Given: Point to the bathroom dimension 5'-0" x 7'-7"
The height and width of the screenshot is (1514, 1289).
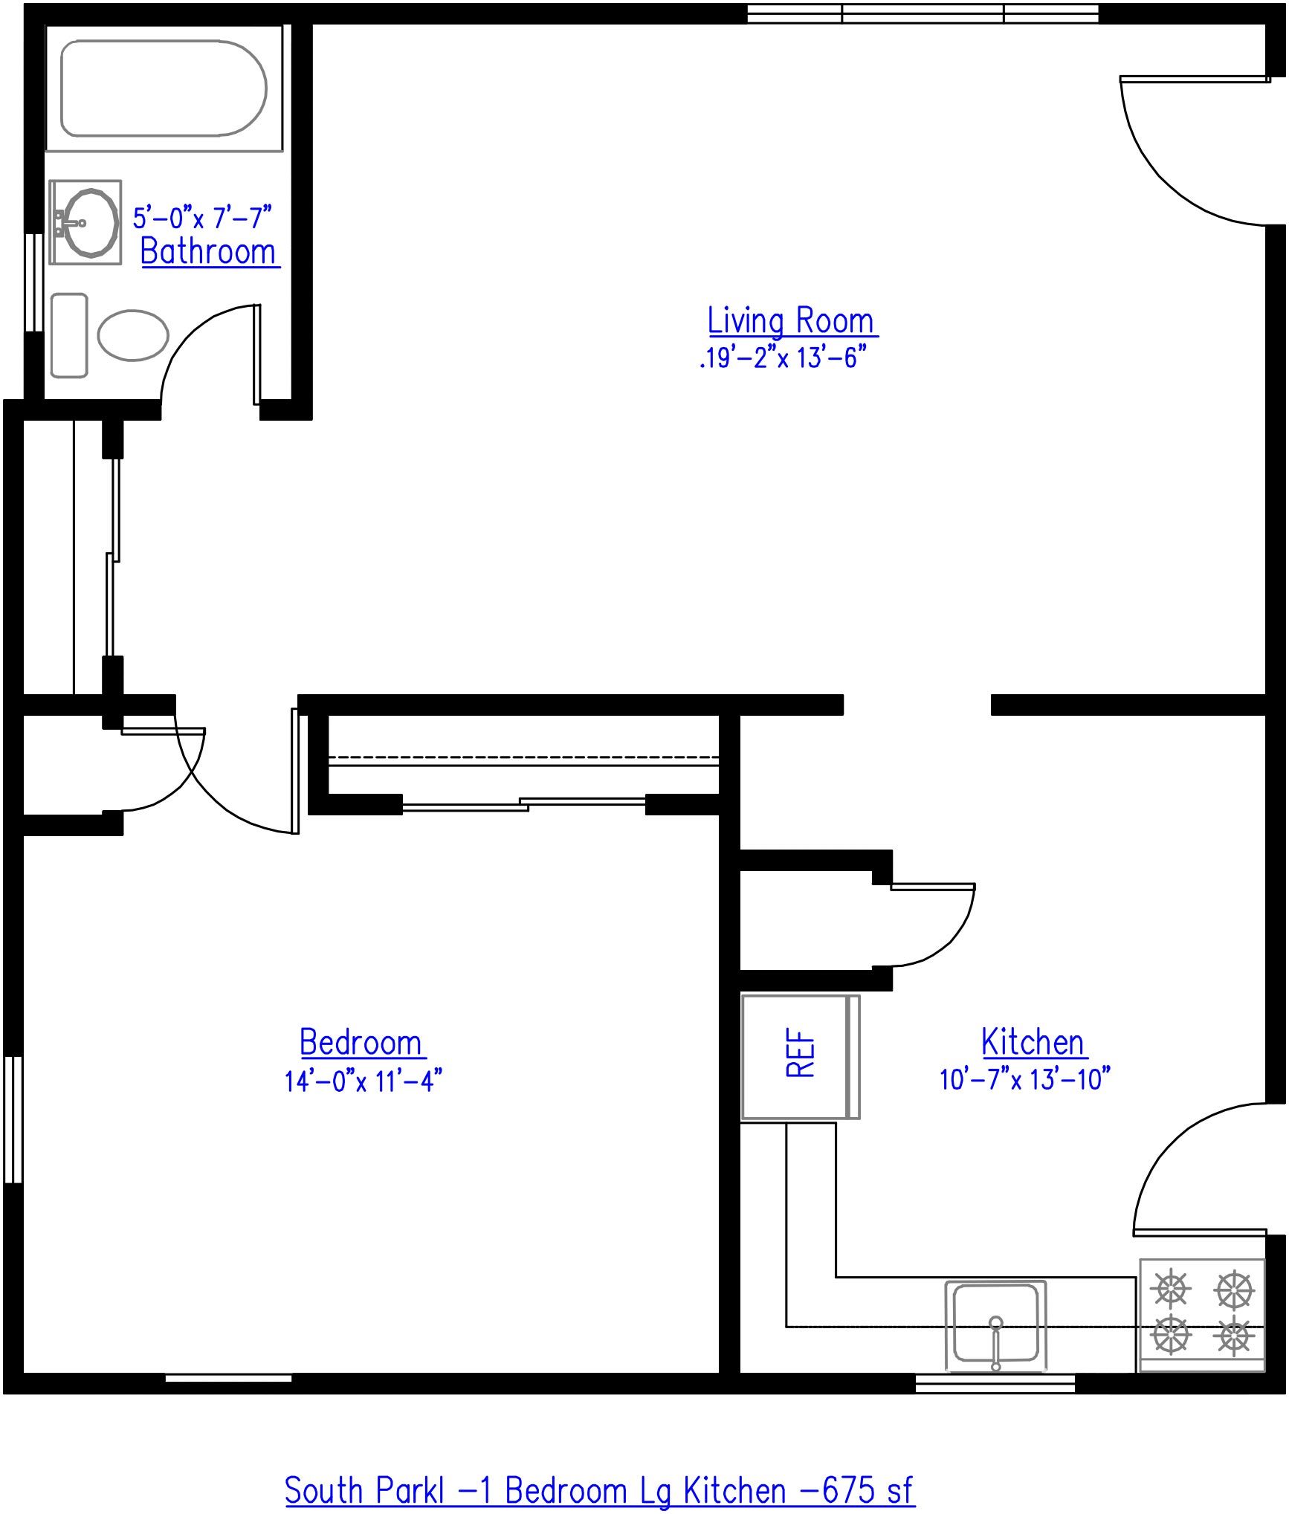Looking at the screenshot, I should [202, 218].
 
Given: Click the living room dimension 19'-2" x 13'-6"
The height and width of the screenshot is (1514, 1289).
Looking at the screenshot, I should [784, 358].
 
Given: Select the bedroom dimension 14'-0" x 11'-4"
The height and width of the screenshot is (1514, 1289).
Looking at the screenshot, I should [363, 1081].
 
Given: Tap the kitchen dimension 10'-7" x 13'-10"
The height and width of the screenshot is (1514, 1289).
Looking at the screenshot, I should [1024, 1079].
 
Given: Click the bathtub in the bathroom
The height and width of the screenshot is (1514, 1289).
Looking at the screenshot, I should [163, 88].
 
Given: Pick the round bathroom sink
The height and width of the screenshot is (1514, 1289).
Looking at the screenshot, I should [90, 222].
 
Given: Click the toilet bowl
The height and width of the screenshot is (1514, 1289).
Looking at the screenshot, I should [133, 335].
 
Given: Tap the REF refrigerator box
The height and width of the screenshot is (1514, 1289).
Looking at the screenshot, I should [800, 1057].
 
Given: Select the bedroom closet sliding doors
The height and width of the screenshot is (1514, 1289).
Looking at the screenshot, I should [524, 803].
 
